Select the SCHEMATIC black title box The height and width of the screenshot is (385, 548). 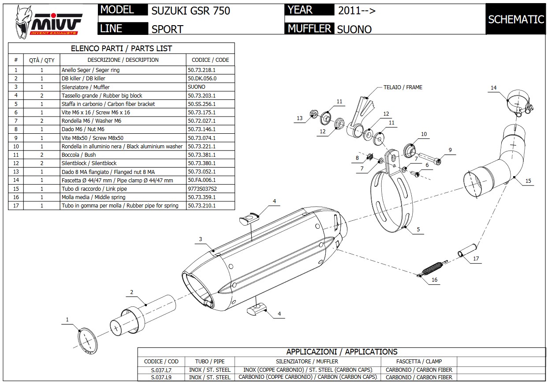click(516, 19)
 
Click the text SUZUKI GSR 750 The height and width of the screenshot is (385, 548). click(190, 11)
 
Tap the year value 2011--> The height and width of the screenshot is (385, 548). click(357, 11)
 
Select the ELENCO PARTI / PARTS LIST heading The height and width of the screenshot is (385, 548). click(121, 49)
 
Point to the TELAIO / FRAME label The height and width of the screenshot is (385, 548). click(403, 87)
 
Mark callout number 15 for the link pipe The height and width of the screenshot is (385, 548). click(528, 181)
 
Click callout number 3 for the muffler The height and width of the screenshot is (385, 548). click(200, 239)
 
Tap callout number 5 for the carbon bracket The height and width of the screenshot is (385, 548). click(418, 230)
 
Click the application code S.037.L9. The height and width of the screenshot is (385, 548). click(161, 377)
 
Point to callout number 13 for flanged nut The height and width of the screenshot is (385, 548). click(300, 118)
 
